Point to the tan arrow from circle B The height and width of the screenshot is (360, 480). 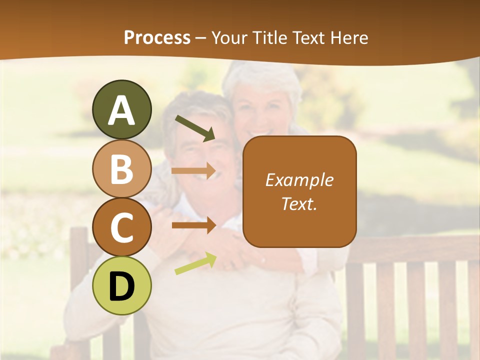click(194, 171)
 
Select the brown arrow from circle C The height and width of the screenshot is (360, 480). click(194, 225)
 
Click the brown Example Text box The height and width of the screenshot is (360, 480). click(299, 220)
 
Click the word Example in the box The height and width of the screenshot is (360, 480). click(299, 180)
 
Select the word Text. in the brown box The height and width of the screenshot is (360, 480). click(299, 203)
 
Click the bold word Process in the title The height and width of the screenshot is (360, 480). click(157, 37)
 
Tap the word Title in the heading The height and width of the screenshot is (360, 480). click(270, 37)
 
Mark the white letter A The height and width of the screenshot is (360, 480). click(121, 110)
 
